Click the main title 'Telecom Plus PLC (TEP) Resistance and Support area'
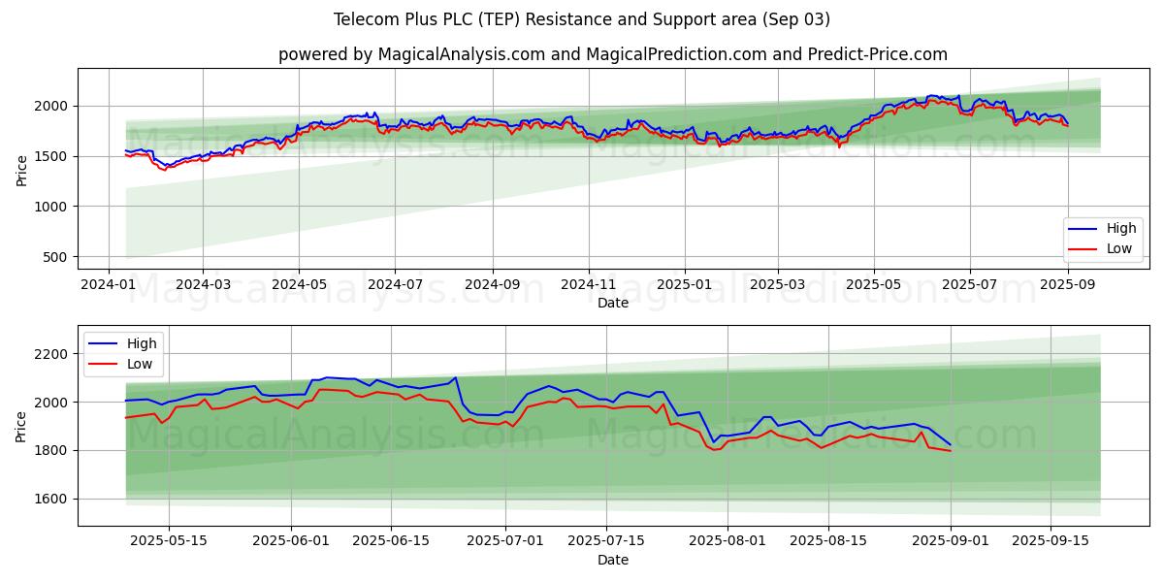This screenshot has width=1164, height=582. point(582,19)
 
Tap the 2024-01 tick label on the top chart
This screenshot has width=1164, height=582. point(108,285)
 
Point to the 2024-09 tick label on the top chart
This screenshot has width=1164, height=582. point(492,285)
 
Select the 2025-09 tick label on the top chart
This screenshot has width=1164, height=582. point(1067,285)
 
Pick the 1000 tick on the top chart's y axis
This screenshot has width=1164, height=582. point(52,207)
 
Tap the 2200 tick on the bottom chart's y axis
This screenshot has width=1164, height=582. point(52,354)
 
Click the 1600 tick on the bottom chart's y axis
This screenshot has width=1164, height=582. point(52,499)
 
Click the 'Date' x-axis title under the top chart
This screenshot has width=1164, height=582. point(612,303)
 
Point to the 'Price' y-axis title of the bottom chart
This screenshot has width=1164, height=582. point(21,425)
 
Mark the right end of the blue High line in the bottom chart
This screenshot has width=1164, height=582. point(951,445)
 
